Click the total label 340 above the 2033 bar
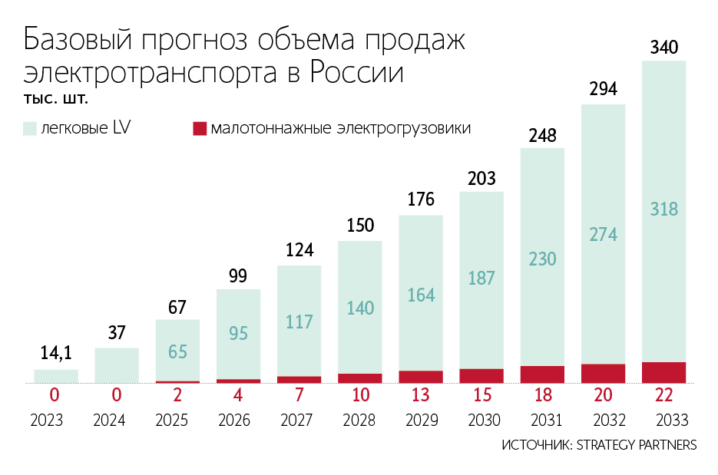point(663,48)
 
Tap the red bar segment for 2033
point(663,372)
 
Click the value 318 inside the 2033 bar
point(663,209)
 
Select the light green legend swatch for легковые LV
point(30,128)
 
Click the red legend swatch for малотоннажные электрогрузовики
point(200,128)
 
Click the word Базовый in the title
point(77,41)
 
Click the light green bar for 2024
point(117,365)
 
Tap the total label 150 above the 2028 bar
point(360,226)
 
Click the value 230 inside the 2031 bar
point(542,260)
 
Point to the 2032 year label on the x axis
point(603,421)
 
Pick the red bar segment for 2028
point(360,378)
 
